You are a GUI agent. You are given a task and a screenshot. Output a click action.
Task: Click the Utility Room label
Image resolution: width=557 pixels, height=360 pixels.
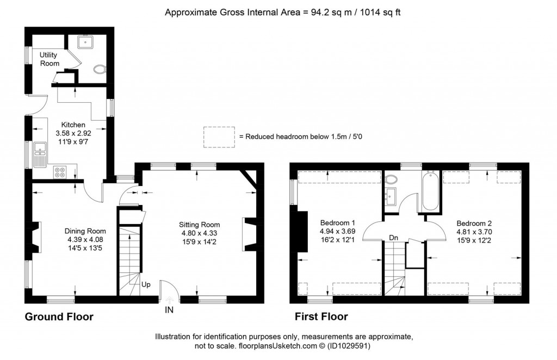pyautogui.click(x=49, y=59)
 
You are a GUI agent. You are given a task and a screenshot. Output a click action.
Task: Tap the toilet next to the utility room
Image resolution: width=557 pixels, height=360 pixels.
pyautogui.click(x=98, y=70)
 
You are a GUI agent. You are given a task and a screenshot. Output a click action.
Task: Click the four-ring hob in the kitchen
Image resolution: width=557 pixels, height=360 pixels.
pyautogui.click(x=60, y=172)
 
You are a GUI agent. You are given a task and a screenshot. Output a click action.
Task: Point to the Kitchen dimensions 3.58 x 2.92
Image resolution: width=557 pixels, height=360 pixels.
pyautogui.click(x=73, y=133)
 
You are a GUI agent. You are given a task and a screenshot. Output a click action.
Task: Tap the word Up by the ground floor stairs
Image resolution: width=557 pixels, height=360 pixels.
pyautogui.click(x=146, y=284)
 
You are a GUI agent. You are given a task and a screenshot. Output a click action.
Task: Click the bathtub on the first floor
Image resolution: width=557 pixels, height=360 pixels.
pyautogui.click(x=430, y=191)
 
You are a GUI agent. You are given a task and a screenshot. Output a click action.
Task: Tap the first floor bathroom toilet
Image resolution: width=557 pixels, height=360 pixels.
pyautogui.click(x=391, y=179)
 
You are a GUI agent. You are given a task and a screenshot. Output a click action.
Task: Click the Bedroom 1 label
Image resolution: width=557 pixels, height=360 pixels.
pyautogui.click(x=337, y=223)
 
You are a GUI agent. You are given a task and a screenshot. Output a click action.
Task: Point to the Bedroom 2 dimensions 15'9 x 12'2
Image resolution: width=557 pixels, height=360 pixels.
pyautogui.click(x=473, y=240)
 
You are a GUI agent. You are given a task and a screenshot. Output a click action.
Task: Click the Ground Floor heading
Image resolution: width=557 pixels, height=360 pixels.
pyautogui.click(x=59, y=317)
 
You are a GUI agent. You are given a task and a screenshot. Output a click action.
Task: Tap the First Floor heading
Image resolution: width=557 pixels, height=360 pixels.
pyautogui.click(x=321, y=317)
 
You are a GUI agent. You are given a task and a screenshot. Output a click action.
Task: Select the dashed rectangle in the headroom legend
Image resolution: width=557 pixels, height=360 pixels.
pyautogui.click(x=219, y=137)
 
